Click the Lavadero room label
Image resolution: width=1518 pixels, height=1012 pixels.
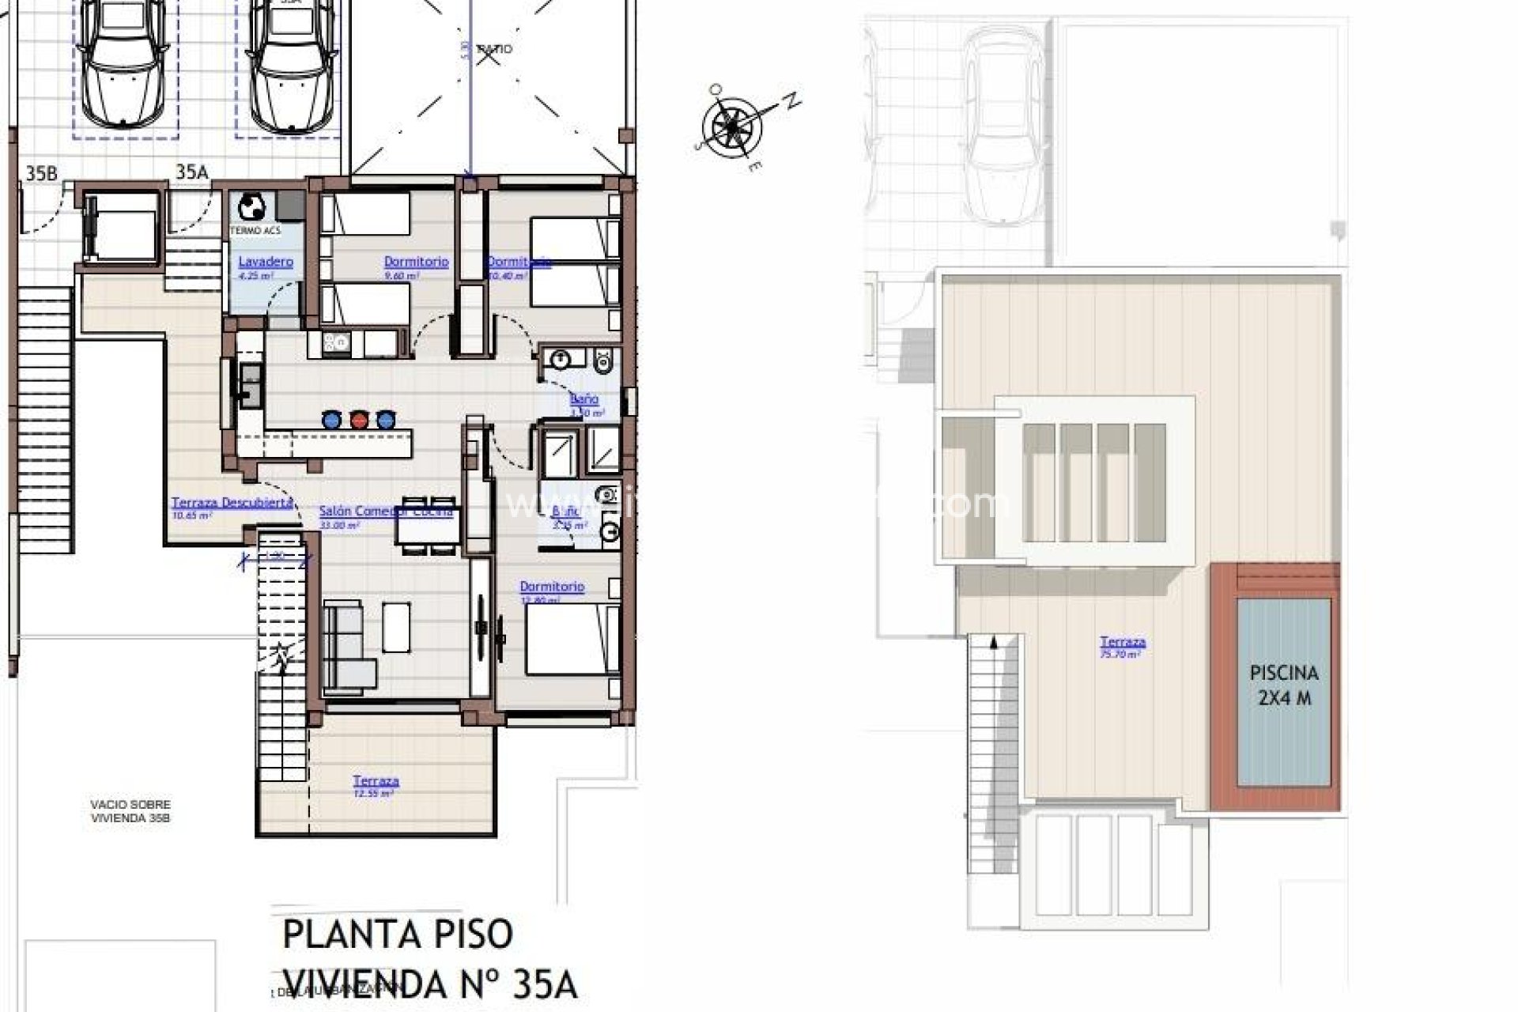(266, 262)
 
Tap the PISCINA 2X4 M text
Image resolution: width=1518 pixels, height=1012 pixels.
(1284, 685)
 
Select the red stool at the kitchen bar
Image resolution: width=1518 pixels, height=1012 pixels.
(359, 419)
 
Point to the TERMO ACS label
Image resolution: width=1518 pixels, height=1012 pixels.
(255, 231)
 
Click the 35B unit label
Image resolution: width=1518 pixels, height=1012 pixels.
(41, 173)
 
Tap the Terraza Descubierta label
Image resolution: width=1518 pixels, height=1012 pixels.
(232, 503)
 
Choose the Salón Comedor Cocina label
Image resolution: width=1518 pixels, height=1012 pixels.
(385, 512)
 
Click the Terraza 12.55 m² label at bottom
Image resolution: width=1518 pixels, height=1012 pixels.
(376, 781)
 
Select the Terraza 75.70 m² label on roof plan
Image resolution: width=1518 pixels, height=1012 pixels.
(1122, 643)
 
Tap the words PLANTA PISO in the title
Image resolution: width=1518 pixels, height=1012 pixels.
(398, 935)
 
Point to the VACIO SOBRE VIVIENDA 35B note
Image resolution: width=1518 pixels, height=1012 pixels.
(130, 811)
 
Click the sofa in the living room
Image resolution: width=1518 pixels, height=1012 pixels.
(348, 644)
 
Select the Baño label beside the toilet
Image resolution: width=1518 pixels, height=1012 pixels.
(584, 399)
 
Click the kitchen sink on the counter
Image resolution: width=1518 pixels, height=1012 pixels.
(251, 387)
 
